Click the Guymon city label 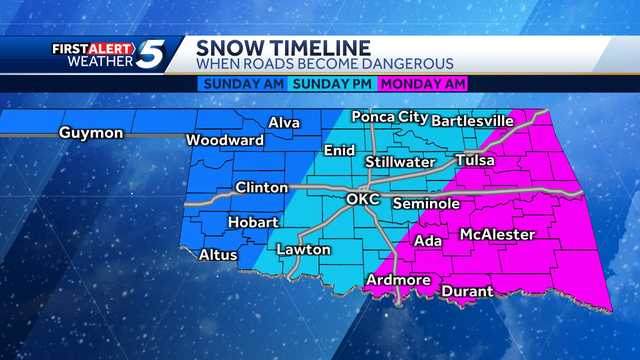[x=90, y=133]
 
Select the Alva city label [x=283, y=123]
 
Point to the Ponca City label [x=391, y=117]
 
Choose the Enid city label [x=339, y=151]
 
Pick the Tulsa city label [x=476, y=160]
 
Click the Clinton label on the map [x=261, y=187]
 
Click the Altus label [x=218, y=255]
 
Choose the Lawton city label [x=303, y=249]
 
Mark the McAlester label [x=497, y=235]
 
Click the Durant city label [x=465, y=291]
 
